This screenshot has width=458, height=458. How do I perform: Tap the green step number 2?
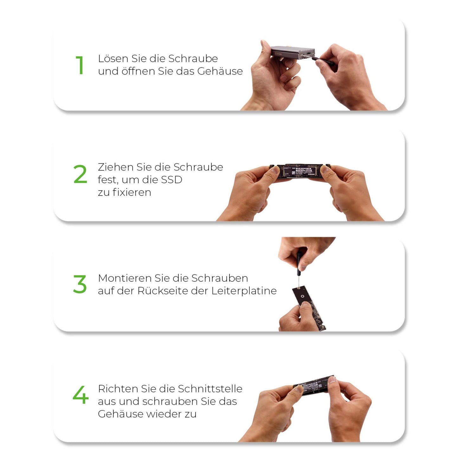coord(80,174)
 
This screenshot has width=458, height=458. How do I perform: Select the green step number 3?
coord(80,284)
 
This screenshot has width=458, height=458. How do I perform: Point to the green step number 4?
coord(81,395)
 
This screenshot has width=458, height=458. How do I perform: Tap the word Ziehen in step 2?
coord(115,167)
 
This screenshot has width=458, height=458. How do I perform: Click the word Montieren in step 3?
coord(125,278)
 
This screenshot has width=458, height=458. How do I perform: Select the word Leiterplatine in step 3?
coord(244,291)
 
